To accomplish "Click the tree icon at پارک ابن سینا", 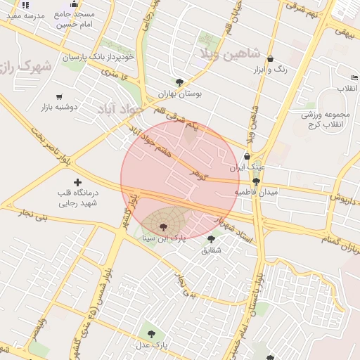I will click(164, 226).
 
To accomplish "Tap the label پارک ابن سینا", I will click(164, 238).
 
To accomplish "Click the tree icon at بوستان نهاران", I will click(179, 82).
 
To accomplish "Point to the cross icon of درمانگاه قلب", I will click(77, 182).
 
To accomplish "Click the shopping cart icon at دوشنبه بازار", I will click(59, 97).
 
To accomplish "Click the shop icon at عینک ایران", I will click(247, 157).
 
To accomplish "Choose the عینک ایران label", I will click(247, 168).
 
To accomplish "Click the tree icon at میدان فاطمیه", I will click(256, 181).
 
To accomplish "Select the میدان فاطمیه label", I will click(256, 191).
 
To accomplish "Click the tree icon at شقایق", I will click(211, 239).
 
